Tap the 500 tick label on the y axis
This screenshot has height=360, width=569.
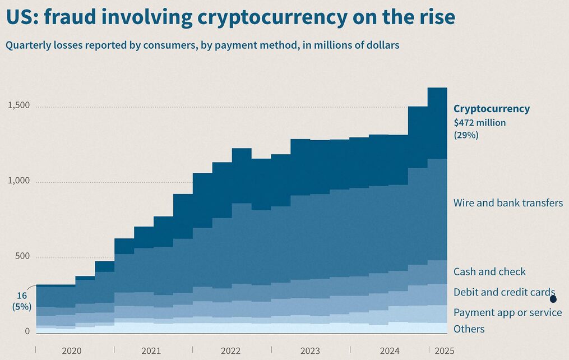tap(22, 257)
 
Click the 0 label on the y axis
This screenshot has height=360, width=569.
tap(26, 331)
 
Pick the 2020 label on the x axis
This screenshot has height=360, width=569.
tap(72, 351)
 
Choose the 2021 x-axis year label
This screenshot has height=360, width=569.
tap(151, 351)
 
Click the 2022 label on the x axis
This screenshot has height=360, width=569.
tap(230, 351)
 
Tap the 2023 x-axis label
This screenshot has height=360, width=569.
tap(310, 351)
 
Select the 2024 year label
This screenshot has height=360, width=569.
tap(390, 351)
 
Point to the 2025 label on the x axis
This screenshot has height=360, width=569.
tap(444, 351)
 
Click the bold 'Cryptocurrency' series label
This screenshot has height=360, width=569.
tap(492, 109)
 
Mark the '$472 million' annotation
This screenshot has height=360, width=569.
tap(479, 122)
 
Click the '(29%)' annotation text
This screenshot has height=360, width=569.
tap(466, 135)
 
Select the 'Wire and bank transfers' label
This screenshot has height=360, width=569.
tap(508, 203)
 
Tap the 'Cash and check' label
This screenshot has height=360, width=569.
tap(489, 271)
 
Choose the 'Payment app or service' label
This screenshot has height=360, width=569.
tap(507, 312)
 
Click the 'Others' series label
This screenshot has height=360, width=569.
tap(469, 329)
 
